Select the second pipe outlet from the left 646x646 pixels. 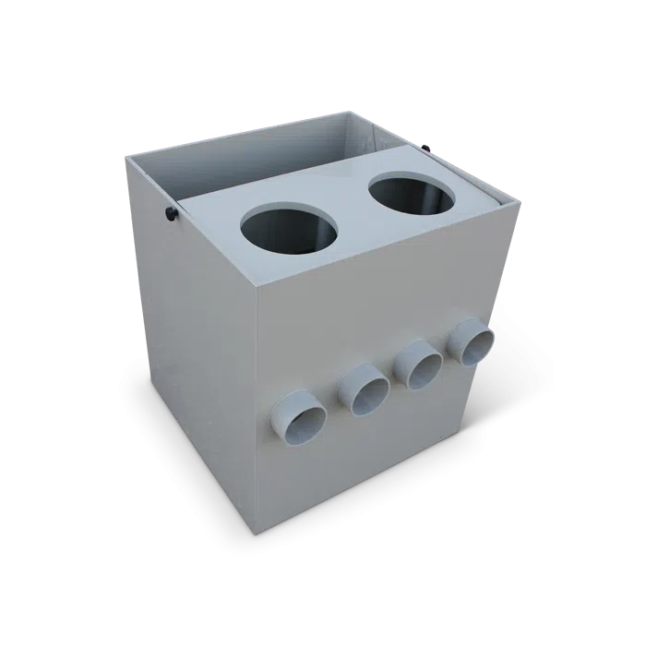click(x=363, y=389)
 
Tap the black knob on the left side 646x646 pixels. click(x=172, y=215)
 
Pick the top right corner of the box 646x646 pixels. click(x=523, y=201)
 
